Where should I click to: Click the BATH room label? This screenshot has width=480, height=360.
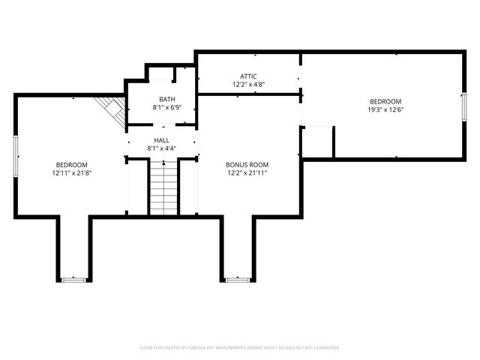(x=166, y=100)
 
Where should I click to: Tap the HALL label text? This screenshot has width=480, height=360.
(x=162, y=140)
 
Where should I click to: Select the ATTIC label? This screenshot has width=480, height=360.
(x=249, y=76)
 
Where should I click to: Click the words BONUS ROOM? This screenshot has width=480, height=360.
(x=247, y=165)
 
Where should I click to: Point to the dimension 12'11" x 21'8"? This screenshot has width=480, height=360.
(x=72, y=173)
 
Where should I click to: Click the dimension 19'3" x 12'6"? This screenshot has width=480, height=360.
(x=385, y=109)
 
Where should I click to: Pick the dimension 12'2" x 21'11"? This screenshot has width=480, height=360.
(x=247, y=173)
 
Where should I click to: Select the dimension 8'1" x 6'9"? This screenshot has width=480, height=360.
(x=166, y=108)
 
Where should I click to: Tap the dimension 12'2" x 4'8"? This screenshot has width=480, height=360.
(x=249, y=85)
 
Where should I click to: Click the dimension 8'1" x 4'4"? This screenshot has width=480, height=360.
(x=162, y=148)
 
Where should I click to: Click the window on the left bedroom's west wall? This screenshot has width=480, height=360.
(x=16, y=155)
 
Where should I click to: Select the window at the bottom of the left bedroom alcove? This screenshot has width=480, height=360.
(x=73, y=280)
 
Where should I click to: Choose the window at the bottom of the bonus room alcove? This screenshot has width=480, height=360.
(x=238, y=280)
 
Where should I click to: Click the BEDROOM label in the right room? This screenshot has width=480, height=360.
(x=385, y=101)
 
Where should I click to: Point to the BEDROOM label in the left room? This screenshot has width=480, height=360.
(x=72, y=165)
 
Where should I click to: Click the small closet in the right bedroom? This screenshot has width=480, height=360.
(x=317, y=141)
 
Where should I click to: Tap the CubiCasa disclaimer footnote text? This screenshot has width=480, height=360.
(x=240, y=347)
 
